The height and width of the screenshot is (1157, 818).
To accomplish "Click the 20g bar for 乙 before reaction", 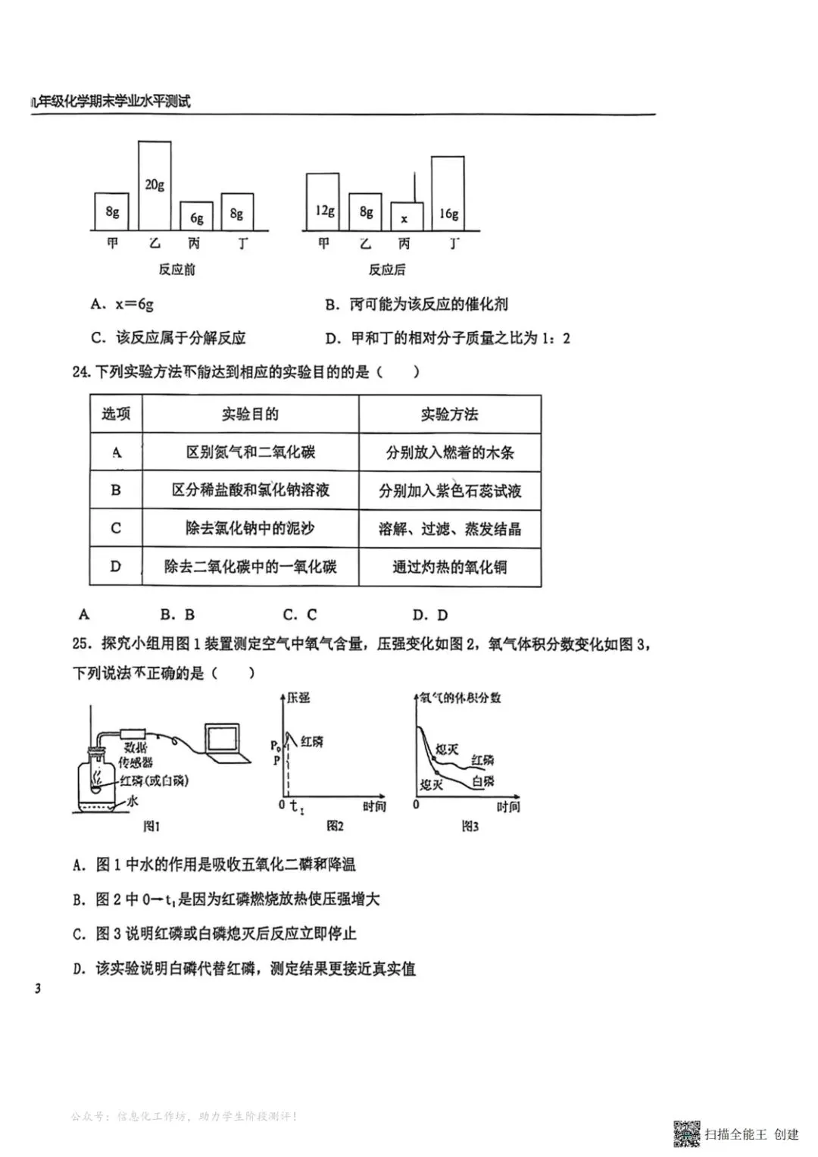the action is (155, 185).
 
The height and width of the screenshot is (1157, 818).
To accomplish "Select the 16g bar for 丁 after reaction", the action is (448, 193).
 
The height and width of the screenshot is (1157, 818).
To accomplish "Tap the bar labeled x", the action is (404, 217).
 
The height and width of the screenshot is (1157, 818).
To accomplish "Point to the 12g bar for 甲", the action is (323, 202).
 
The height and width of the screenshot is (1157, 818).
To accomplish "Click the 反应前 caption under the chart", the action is (176, 269).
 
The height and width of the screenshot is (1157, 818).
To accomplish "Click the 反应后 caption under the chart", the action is (387, 269).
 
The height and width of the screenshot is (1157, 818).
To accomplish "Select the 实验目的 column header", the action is (250, 414).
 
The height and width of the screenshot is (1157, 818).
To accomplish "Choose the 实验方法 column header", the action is (449, 414).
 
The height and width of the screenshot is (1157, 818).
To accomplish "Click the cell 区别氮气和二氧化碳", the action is (250, 452).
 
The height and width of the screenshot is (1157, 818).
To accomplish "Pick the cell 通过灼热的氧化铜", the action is (449, 567).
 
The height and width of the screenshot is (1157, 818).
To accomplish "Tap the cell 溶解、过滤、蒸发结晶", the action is (449, 529).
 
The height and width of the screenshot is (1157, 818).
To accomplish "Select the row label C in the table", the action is (116, 528).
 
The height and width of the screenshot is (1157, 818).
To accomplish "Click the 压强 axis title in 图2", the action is (298, 697).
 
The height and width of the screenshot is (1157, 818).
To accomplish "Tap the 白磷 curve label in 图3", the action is (482, 781).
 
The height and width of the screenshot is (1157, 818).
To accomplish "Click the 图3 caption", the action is (470, 826).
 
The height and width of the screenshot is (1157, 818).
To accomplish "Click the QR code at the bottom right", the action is (687, 1133).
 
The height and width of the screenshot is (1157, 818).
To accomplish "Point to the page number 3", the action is (37, 988).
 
